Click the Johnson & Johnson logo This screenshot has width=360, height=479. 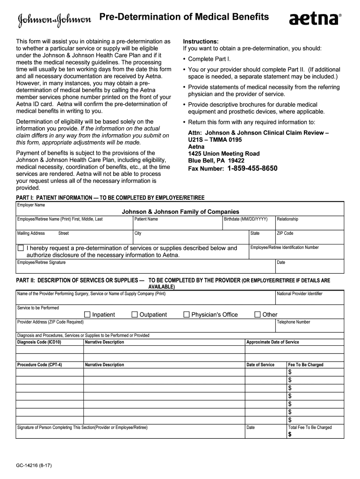point(55,19)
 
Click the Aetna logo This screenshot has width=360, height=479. point(315,19)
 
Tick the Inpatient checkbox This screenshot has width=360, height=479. point(87,314)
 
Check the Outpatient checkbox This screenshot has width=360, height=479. point(135,314)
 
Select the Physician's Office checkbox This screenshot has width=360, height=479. point(187,314)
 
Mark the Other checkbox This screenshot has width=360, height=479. point(257,314)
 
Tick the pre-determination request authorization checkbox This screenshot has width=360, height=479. point(21,248)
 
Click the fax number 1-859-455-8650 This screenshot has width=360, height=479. point(252,168)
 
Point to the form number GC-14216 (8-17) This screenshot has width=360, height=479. point(33,466)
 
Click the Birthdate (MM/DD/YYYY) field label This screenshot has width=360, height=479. point(245,219)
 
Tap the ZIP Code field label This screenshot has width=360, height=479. point(285,233)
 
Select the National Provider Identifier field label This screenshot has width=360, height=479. point(299,294)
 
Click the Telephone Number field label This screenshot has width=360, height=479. point(293,322)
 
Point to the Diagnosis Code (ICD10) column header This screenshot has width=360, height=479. point(39,342)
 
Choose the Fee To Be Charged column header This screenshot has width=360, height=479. point(305,364)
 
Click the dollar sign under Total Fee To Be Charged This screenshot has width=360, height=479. point(290,435)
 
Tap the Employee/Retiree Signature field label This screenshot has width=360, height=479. point(41,262)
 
